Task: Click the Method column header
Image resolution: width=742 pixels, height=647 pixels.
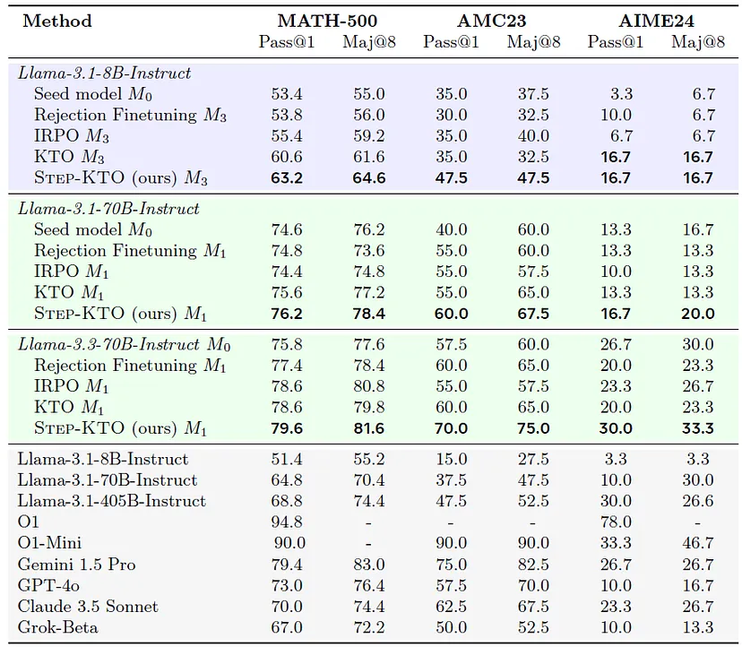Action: coord(57,21)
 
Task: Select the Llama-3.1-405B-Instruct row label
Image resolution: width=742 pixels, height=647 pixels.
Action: coord(112,501)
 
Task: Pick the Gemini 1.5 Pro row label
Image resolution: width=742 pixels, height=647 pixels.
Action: coord(77,565)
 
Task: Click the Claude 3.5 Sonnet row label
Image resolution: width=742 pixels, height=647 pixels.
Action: coord(88,607)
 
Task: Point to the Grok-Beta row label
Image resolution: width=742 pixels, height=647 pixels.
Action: coord(58,627)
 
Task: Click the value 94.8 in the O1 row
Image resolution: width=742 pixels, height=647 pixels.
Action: coord(287,522)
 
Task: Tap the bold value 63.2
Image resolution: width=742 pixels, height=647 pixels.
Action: coord(287,177)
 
